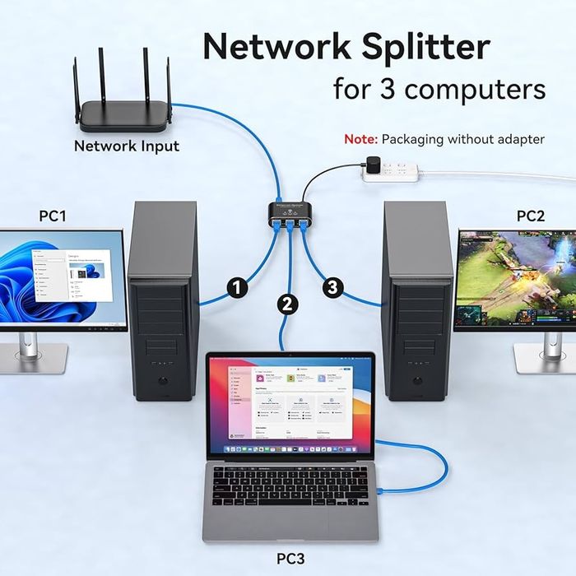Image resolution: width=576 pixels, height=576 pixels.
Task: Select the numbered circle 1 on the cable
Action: [x=237, y=287]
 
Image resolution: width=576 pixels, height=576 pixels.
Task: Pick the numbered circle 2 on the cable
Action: [x=287, y=304]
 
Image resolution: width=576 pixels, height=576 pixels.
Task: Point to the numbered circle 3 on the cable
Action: [x=332, y=287]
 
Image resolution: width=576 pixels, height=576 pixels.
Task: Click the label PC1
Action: [x=53, y=216]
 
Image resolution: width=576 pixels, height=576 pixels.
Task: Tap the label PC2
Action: [x=531, y=216]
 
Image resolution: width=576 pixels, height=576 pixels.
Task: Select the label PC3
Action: [x=290, y=559]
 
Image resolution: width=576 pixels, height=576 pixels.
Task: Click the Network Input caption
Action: [x=126, y=146]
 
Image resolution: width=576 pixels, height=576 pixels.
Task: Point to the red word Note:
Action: [x=360, y=139]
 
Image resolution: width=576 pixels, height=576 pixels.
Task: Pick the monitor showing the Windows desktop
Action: [x=63, y=279]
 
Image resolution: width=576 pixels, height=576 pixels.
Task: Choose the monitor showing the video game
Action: [x=516, y=280]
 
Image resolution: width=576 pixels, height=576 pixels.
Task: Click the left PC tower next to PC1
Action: [x=162, y=300]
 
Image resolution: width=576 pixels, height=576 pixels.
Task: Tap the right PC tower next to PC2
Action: [x=417, y=300]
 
